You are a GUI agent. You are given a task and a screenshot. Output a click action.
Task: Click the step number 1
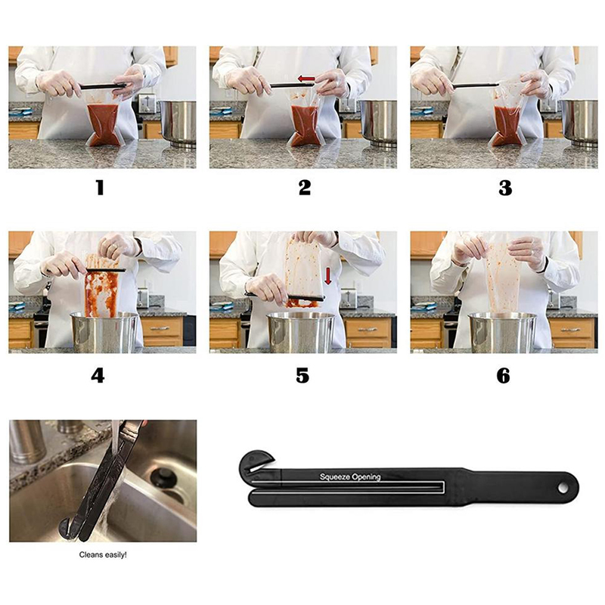pos(101,188)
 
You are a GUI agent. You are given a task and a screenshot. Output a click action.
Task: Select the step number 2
pos(305,188)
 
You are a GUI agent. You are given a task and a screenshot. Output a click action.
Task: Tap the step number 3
pos(505,188)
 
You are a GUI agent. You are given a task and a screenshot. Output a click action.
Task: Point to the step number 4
pos(98,375)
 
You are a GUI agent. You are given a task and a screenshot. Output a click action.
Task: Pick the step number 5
pos(302,375)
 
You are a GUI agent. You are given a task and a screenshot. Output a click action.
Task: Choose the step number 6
pos(503,375)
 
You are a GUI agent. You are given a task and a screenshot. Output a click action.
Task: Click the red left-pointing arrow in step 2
pos(306,79)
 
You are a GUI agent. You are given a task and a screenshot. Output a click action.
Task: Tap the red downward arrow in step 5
pos(328,276)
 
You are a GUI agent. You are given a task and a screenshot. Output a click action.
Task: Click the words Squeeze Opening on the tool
pos(350,477)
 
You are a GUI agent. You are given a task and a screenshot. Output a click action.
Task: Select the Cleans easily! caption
pos(103,555)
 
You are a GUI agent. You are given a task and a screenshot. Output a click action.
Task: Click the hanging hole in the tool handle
pos(563,488)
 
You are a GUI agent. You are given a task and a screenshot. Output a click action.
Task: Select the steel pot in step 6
pos(502,333)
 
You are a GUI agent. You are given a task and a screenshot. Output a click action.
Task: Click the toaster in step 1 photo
pos(147,104)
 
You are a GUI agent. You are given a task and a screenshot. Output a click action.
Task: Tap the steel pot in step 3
pos(579,123)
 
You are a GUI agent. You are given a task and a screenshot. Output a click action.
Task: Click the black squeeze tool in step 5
pos(285,296)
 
